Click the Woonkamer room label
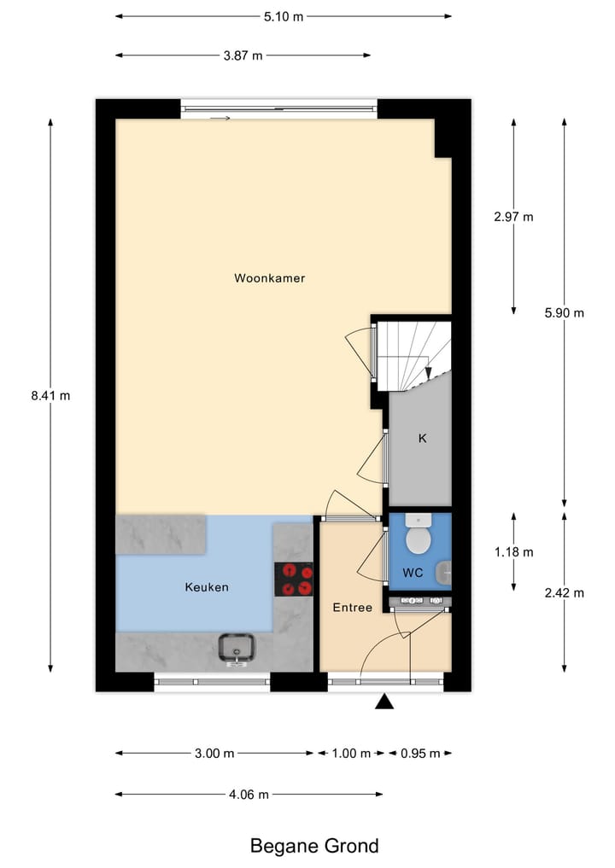[x=269, y=278]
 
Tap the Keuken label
[x=207, y=587]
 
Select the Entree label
[x=352, y=608]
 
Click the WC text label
[x=413, y=574]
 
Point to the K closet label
[x=421, y=439]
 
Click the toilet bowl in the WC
[x=419, y=537]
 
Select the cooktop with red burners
[x=293, y=579]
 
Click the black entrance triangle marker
[x=385, y=702]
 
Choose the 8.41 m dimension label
[x=50, y=395]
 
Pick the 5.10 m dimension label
[x=284, y=15]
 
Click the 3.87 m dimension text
[x=243, y=55]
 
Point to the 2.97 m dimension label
[x=513, y=217]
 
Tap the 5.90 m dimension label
[x=564, y=312]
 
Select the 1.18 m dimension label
[x=513, y=552]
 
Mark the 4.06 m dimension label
[x=249, y=794]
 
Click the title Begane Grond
[x=313, y=846]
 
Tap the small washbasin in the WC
[x=443, y=574]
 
